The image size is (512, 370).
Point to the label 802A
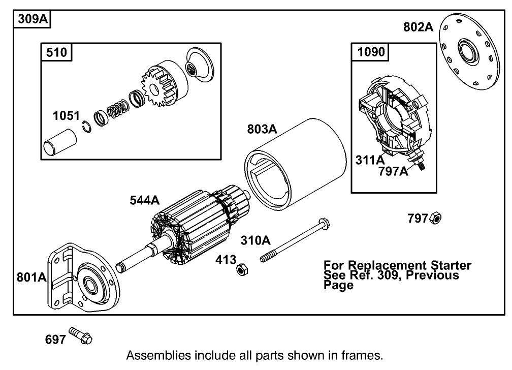[x=418, y=26]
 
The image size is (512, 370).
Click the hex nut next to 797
[x=435, y=219]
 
